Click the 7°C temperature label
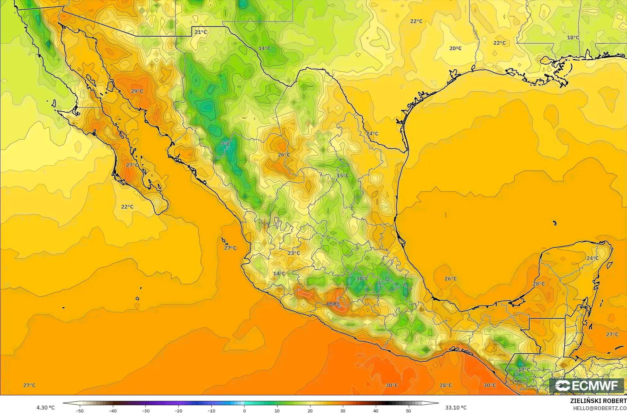(225, 144)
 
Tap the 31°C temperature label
(333, 304)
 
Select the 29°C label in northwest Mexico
(137, 91)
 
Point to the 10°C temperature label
(362, 279)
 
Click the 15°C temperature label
(343, 176)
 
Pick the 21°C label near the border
(201, 32)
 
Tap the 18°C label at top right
(573, 38)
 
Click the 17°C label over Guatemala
(524, 370)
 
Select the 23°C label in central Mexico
(294, 253)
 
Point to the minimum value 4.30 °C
(45, 408)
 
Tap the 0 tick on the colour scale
(244, 410)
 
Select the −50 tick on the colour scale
(80, 410)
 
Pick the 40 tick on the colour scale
(375, 410)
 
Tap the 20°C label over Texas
(455, 48)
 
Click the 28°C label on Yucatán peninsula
(539, 284)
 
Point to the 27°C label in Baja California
(132, 165)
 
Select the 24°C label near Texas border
(372, 133)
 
